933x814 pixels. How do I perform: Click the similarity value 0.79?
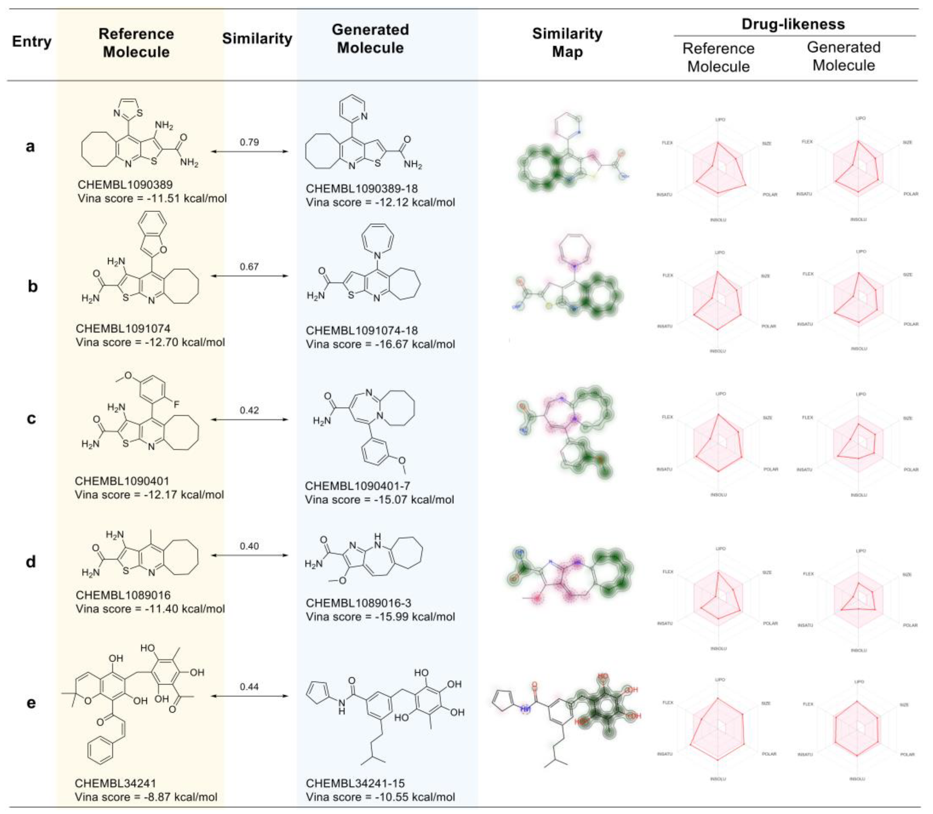pyautogui.click(x=249, y=142)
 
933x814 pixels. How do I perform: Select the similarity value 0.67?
pyautogui.click(x=249, y=267)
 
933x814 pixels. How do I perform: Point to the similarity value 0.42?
pyautogui.click(x=249, y=410)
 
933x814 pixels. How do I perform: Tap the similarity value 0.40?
pyautogui.click(x=249, y=546)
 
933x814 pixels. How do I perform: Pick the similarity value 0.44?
pyautogui.click(x=249, y=686)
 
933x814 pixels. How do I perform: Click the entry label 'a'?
pyautogui.click(x=30, y=146)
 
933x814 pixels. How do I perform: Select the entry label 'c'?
pyautogui.click(x=31, y=418)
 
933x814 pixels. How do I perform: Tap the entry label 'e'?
pyautogui.click(x=31, y=702)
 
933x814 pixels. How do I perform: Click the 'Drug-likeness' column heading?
pyautogui.click(x=793, y=24)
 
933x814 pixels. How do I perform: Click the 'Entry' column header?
pyautogui.click(x=32, y=41)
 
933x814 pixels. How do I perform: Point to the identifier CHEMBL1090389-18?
pyautogui.click(x=361, y=188)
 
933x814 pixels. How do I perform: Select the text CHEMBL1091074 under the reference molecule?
pyautogui.click(x=123, y=328)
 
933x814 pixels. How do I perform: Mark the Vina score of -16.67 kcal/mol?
pyautogui.click(x=380, y=344)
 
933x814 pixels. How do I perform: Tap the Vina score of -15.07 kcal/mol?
pyautogui.click(x=379, y=500)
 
